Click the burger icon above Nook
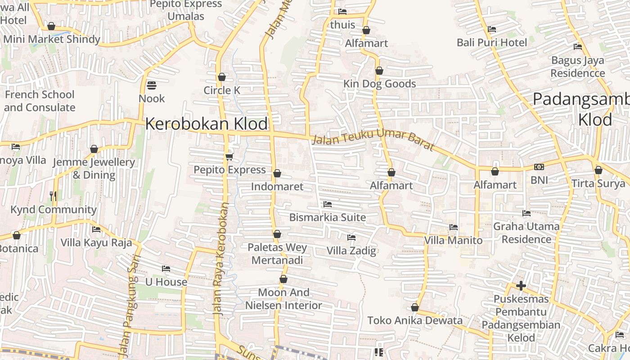pos(152,85)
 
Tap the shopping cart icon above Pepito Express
pos(229,157)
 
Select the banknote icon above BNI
pos(539,167)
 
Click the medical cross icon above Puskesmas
pos(521,286)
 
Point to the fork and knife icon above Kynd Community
pos(53,196)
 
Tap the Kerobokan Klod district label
pos(207,124)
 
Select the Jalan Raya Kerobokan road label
pos(220,259)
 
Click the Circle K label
pos(222,90)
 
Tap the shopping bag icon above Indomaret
pos(277,173)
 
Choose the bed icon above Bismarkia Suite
pos(328,204)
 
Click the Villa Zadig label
pos(351,251)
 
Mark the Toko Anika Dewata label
pos(415,320)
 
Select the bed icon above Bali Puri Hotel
pos(492,29)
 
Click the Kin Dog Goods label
pos(379,84)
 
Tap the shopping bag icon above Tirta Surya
pos(598,170)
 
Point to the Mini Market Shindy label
pos(52,39)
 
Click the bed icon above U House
pos(166,269)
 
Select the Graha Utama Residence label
pos(526,233)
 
